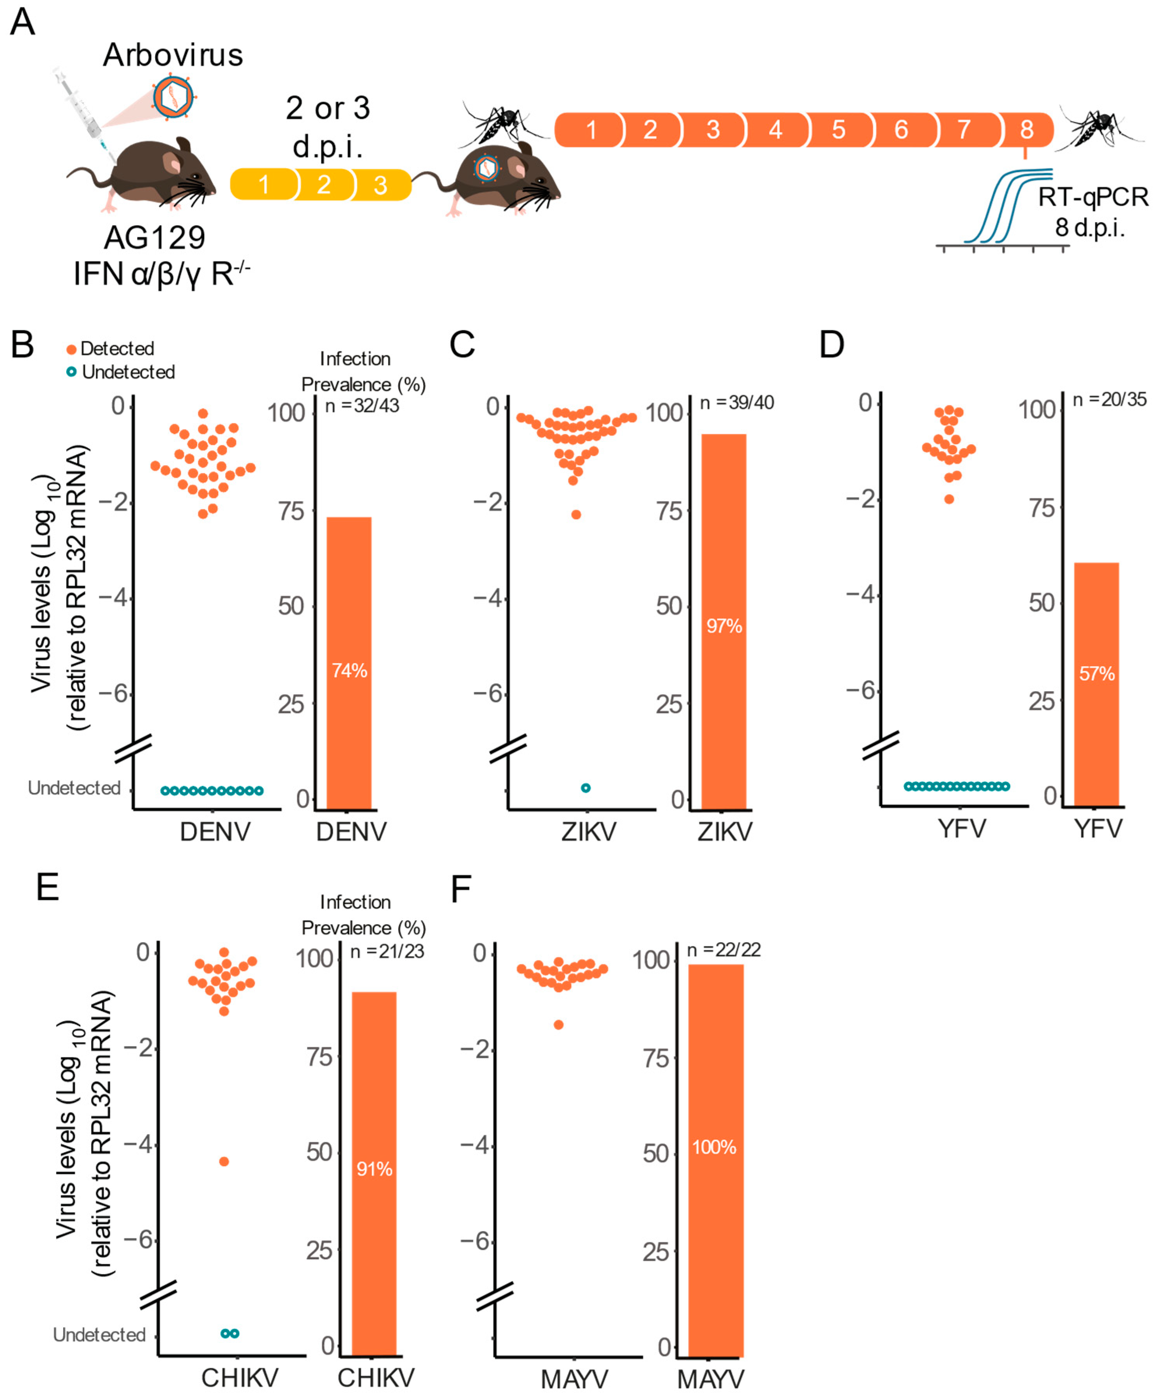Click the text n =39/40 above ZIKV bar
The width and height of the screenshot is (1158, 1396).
[736, 403]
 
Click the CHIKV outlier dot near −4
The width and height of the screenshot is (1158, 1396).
[224, 1161]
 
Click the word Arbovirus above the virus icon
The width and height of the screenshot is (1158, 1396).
[173, 55]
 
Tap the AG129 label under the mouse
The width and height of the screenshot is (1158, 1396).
[154, 237]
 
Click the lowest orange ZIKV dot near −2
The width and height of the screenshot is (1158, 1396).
[576, 515]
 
